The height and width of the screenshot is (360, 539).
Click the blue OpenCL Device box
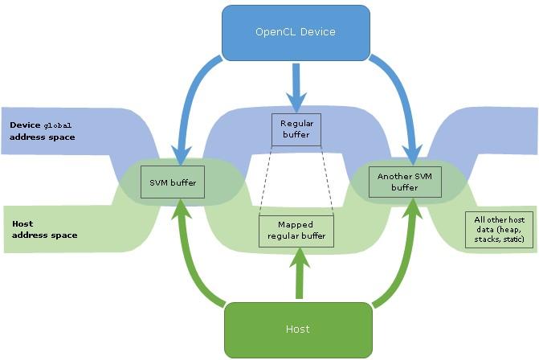[x=295, y=33]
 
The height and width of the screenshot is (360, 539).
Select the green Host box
[x=297, y=328]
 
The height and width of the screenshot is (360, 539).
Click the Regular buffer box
[x=296, y=129]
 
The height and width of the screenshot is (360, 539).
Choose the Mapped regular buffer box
[x=296, y=231]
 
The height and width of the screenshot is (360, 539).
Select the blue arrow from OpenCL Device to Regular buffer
[x=296, y=87]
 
